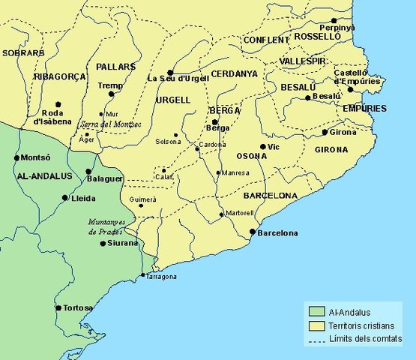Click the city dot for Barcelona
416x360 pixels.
[252, 232]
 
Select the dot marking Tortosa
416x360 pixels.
[58, 307]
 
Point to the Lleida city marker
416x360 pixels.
[64, 198]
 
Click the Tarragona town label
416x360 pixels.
[160, 277]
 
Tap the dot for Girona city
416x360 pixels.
[324, 133]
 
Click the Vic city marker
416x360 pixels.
[262, 146]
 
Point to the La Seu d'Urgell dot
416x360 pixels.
[170, 72]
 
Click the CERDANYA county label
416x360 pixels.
[234, 74]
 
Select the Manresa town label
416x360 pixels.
[235, 173]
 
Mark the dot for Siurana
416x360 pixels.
[103, 243]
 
